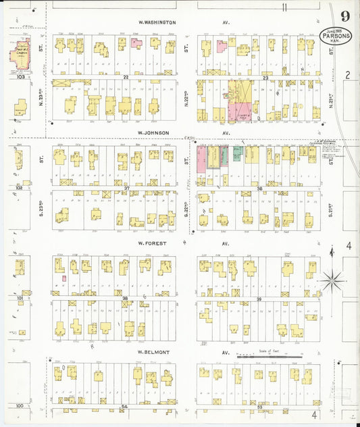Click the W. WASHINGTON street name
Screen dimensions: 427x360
[156, 22]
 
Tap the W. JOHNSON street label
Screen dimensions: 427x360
[153, 133]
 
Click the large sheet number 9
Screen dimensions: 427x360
[345, 16]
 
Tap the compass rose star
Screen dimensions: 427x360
[332, 278]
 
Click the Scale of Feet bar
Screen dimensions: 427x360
[268, 355]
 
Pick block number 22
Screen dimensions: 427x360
[126, 78]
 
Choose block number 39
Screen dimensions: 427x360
[259, 299]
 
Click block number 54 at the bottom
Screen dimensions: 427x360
[124, 407]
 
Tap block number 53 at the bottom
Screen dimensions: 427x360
[259, 407]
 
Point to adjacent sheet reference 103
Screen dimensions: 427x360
[20, 77]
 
